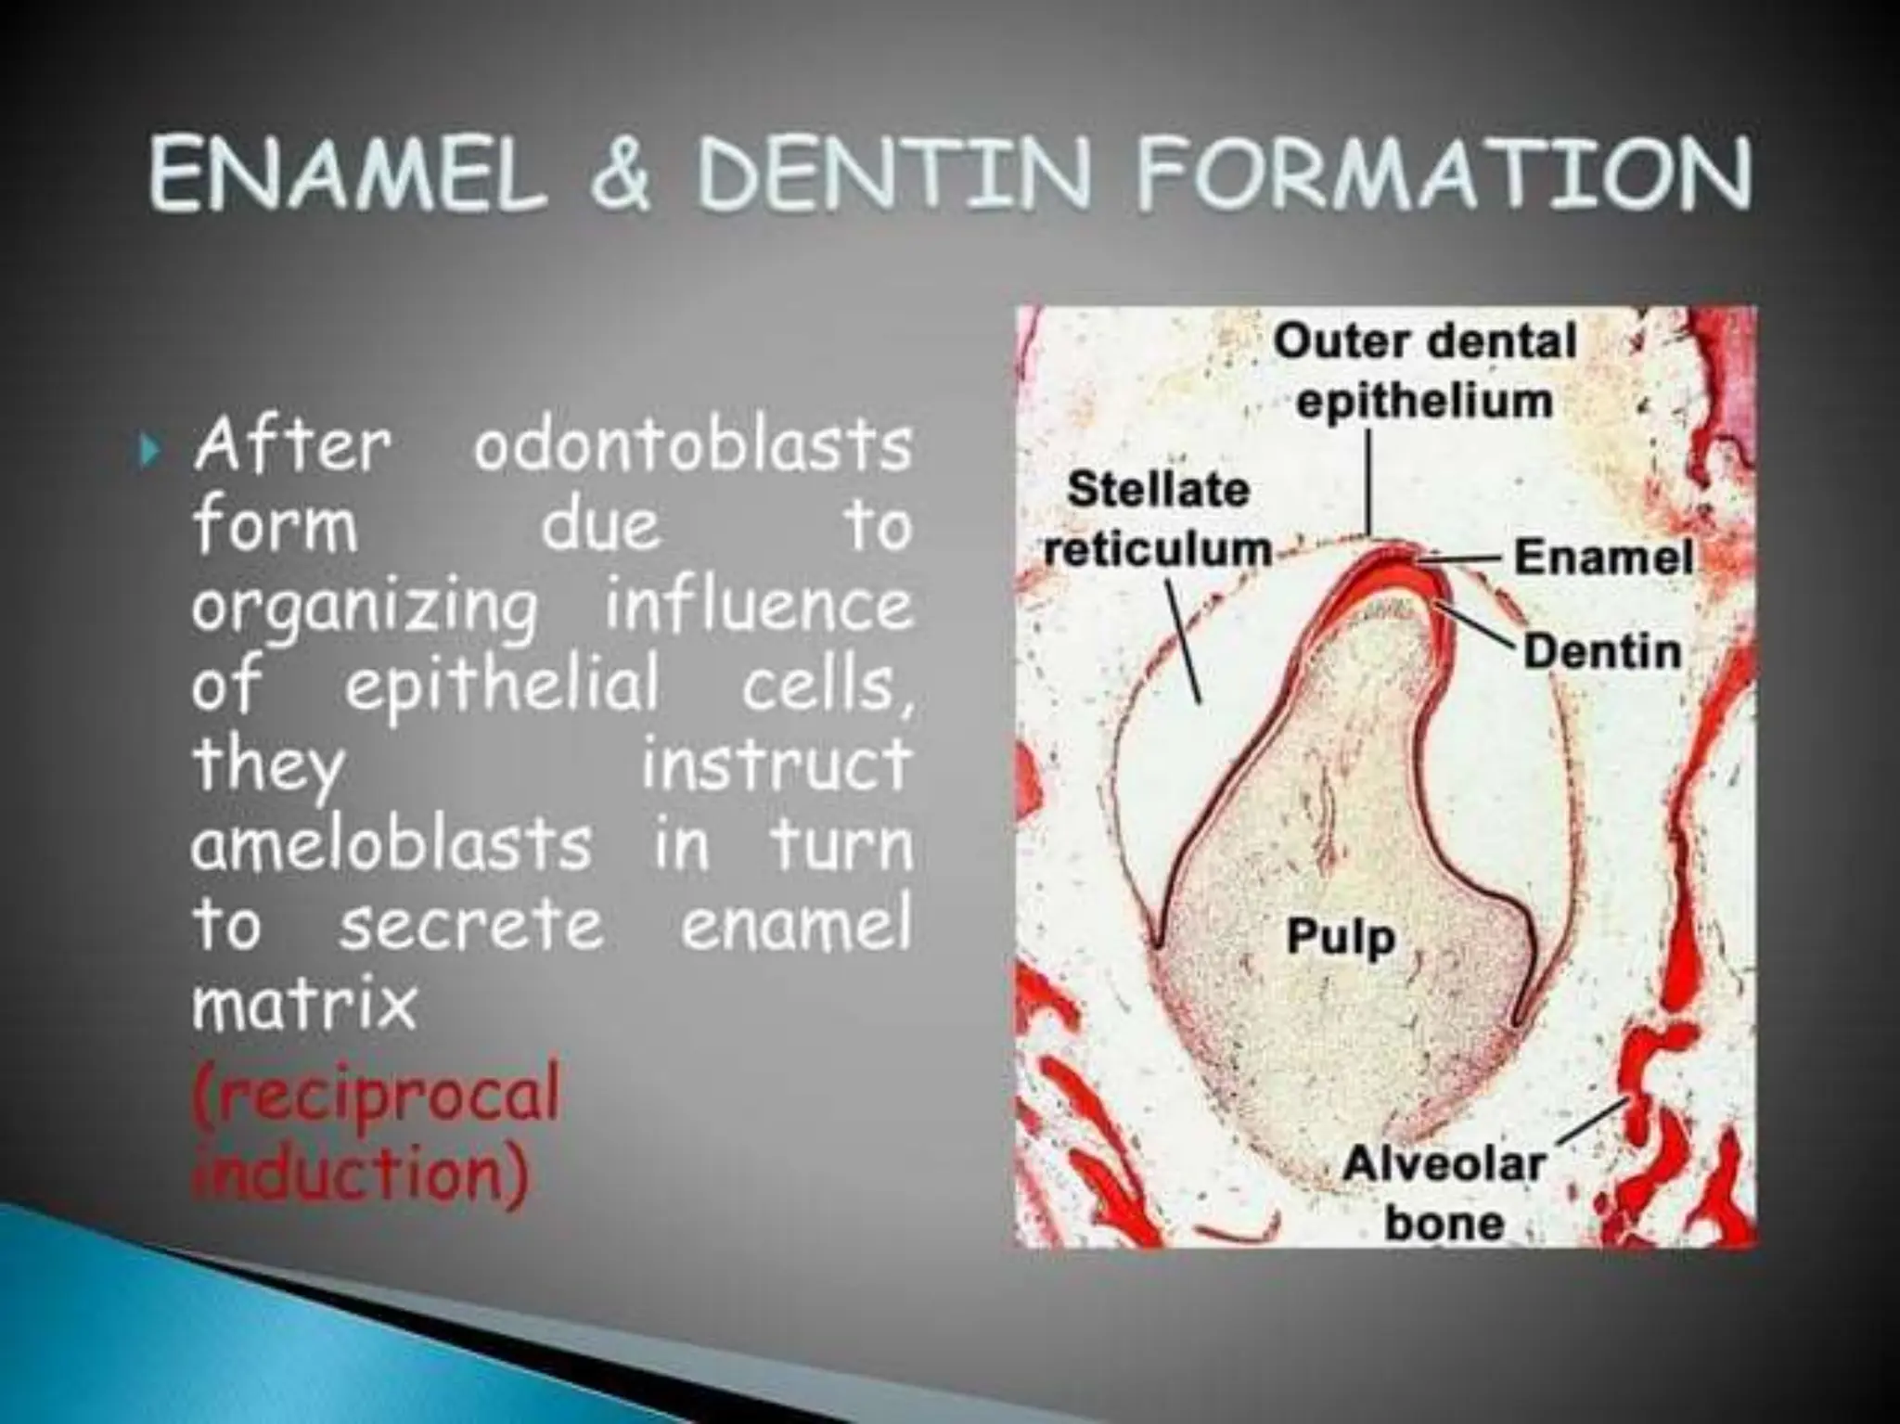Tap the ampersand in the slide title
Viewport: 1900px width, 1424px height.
(621, 175)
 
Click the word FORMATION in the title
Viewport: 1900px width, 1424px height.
(1443, 175)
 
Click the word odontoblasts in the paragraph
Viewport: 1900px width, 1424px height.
(692, 446)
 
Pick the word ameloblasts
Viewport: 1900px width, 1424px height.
(391, 843)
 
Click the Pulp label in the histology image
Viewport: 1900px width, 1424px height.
(1341, 937)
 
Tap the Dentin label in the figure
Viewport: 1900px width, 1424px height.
(1602, 651)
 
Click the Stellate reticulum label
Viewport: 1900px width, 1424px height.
(1158, 520)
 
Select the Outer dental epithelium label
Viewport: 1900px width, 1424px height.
(1424, 371)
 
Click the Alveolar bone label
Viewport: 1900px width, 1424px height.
(1444, 1193)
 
